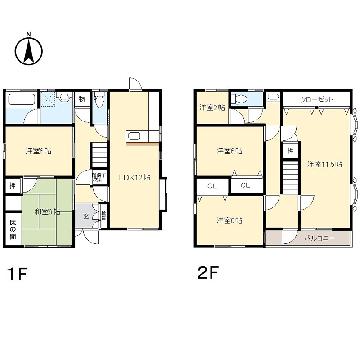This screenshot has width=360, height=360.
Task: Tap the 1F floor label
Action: (x=17, y=274)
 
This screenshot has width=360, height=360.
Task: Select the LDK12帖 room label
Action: (x=135, y=177)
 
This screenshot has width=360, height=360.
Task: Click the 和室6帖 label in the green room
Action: (x=48, y=211)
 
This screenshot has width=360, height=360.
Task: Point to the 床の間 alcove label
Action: (x=13, y=229)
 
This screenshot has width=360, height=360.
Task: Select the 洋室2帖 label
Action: (x=211, y=108)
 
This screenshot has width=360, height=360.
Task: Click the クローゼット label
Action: (x=317, y=99)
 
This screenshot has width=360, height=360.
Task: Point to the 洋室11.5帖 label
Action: (x=325, y=164)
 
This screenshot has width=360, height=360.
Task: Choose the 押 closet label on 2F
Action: (x=291, y=151)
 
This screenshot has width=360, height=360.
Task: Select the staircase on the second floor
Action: (x=291, y=178)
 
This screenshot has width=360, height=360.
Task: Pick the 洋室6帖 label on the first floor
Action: (x=38, y=151)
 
